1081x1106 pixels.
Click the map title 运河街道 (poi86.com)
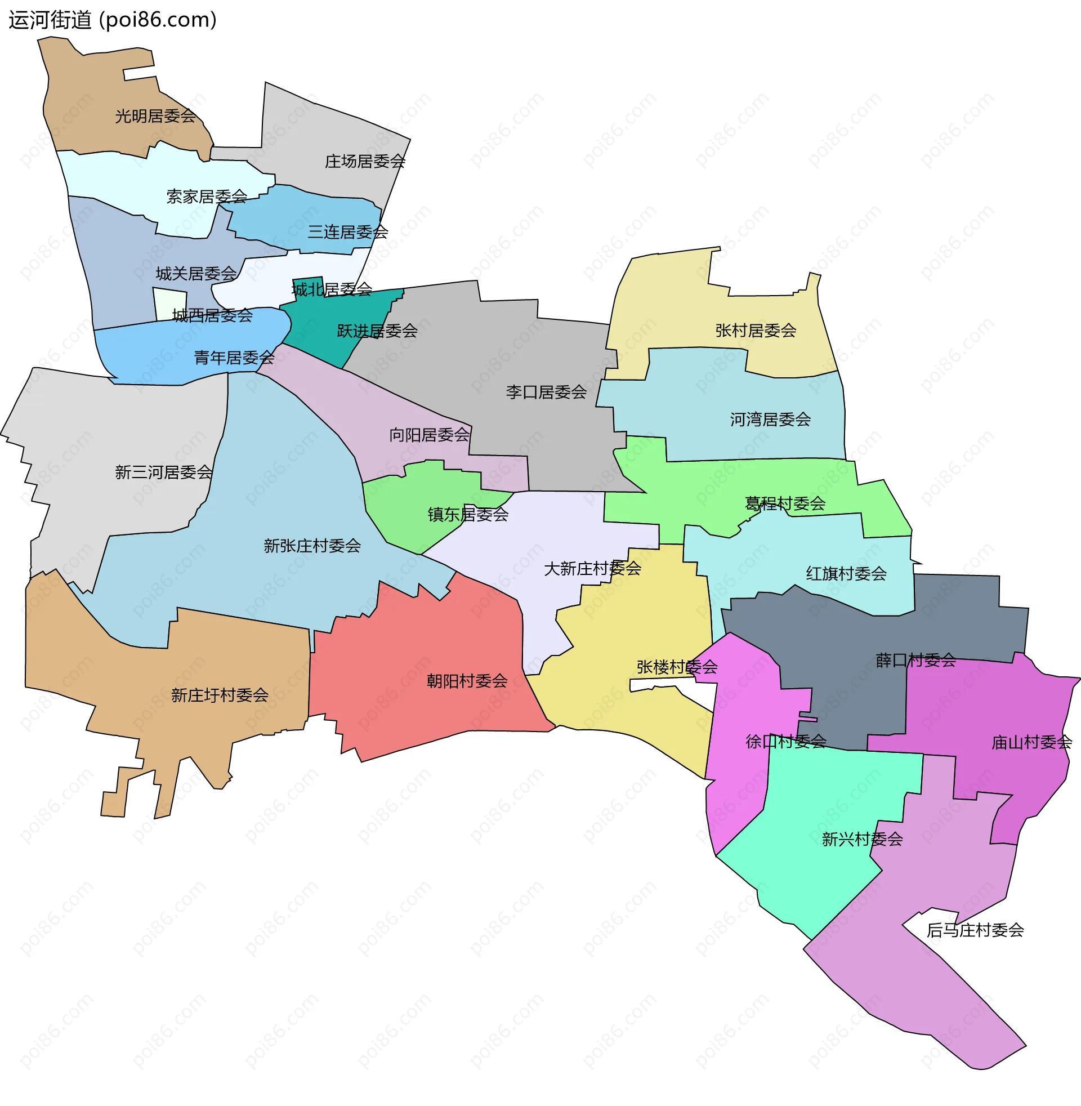[113, 20]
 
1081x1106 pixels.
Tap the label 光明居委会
[155, 117]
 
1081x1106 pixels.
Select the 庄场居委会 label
[364, 162]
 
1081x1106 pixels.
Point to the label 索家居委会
[207, 197]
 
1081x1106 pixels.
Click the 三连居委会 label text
[347, 232]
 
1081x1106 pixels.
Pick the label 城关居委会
[196, 274]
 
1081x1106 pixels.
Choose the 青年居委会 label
[234, 358]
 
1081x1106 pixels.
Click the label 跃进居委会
[377, 331]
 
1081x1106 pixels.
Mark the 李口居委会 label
[546, 393]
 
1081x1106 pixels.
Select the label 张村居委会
[755, 331]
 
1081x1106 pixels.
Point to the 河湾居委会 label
[770, 420]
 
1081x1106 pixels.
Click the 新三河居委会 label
[163, 472]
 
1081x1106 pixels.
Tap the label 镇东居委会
[468, 515]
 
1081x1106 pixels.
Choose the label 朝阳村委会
[467, 681]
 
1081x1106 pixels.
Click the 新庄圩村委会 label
[220, 695]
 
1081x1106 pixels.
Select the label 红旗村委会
[846, 574]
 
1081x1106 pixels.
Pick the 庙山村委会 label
[1031, 743]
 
